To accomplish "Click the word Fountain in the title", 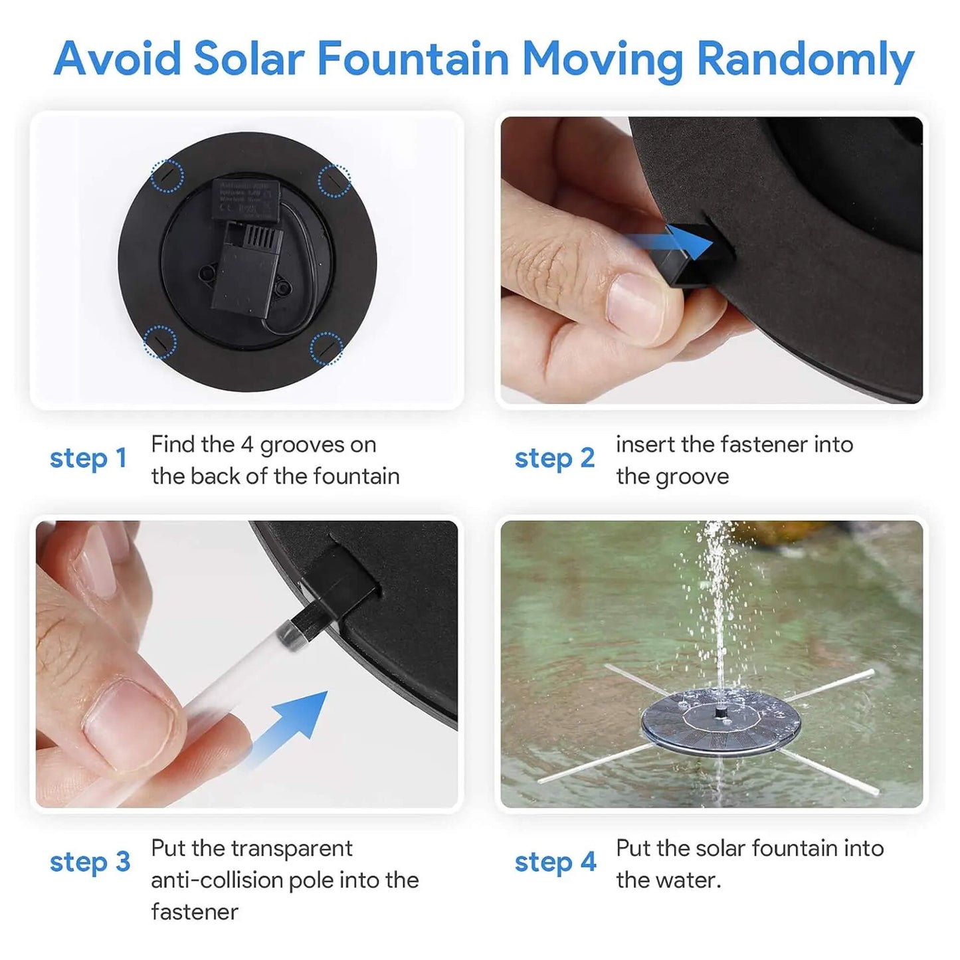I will tap(413, 58).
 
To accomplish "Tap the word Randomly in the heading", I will tap(805, 60).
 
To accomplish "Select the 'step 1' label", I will tap(88, 458).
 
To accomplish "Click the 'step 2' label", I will tap(555, 458).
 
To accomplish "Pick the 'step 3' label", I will tap(90, 862).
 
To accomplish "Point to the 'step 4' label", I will tap(555, 862).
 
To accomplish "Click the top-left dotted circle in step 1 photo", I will tap(167, 176).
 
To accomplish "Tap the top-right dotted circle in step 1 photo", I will tap(334, 180).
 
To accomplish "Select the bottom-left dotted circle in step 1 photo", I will tap(161, 341).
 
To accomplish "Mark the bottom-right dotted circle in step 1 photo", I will tap(327, 347).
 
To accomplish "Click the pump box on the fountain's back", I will tap(245, 266).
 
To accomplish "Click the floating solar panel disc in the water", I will tap(720, 721).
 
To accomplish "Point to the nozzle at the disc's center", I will tap(720, 711).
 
